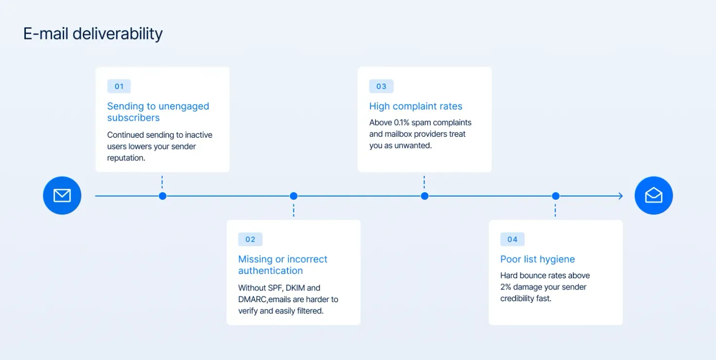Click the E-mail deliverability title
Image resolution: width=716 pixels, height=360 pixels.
pyautogui.click(x=93, y=34)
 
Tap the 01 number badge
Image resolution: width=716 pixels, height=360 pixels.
pyautogui.click(x=119, y=86)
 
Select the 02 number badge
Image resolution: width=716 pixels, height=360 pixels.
pyautogui.click(x=251, y=239)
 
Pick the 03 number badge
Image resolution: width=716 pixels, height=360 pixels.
pyautogui.click(x=381, y=86)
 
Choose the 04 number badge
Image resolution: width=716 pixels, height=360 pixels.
pyautogui.click(x=512, y=239)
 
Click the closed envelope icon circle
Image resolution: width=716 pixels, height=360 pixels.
pyautogui.click(x=62, y=196)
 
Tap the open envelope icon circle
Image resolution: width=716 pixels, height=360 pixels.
pyautogui.click(x=654, y=196)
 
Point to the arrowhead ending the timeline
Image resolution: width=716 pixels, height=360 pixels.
pyautogui.click(x=621, y=196)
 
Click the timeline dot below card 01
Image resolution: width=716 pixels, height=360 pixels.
pyautogui.click(x=162, y=196)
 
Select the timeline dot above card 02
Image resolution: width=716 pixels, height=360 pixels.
pyautogui.click(x=293, y=196)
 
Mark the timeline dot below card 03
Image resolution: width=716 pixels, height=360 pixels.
pyautogui.click(x=425, y=196)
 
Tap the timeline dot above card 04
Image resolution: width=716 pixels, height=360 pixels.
pyautogui.click(x=555, y=196)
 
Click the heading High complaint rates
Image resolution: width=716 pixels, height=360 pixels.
pyautogui.click(x=415, y=106)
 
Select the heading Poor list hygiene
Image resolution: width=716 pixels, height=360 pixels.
pyautogui.click(x=537, y=259)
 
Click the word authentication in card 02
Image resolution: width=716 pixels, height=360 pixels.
pyautogui.click(x=270, y=270)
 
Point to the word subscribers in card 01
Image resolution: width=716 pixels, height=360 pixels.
pyautogui.click(x=133, y=118)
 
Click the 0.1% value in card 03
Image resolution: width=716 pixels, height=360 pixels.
pyautogui.click(x=401, y=123)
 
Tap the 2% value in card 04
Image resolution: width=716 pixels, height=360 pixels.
pyautogui.click(x=506, y=287)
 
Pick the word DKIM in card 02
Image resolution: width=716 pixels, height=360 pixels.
pyautogui.click(x=295, y=288)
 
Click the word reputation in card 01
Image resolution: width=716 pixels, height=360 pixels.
pyautogui.click(x=126, y=158)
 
